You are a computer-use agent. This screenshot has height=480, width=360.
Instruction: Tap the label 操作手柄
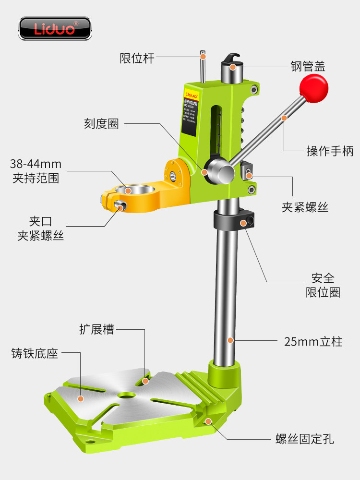coord(330,151)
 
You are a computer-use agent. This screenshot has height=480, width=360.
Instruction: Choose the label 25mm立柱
coord(313,342)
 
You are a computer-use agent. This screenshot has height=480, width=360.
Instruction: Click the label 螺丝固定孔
coord(304,439)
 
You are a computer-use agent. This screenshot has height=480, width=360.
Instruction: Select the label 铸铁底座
coord(35,354)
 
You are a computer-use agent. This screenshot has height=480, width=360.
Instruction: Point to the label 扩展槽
coord(96,330)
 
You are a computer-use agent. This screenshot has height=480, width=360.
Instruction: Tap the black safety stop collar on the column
coord(235,219)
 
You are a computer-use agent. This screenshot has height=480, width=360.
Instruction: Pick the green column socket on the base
coord(225,374)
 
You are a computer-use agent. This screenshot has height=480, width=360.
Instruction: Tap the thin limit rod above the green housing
coord(204,67)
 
